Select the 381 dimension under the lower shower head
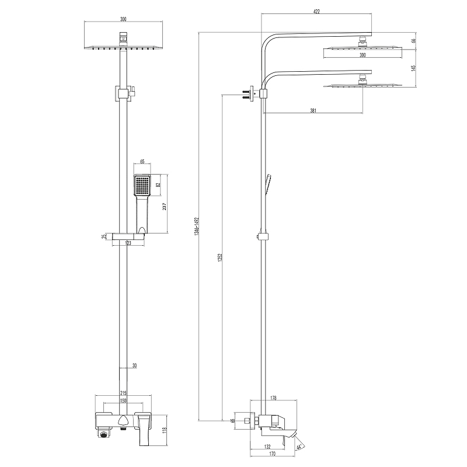click(314, 110)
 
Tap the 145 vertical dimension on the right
click(413, 68)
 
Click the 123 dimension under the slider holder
click(127, 244)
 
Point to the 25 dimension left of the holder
click(104, 236)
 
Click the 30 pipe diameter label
click(134, 365)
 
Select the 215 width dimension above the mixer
click(123, 393)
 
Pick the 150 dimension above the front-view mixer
click(123, 401)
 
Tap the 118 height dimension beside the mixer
click(165, 430)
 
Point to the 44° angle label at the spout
click(299, 448)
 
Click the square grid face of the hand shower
click(142, 186)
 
